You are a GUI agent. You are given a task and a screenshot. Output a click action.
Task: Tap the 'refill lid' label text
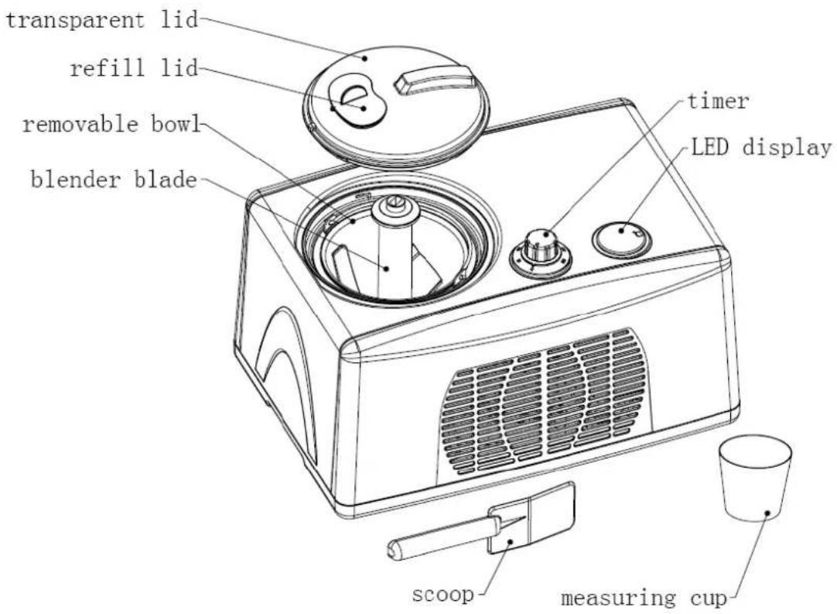pyautogui.click(x=134, y=68)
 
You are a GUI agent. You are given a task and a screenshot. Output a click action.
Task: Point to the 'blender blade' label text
pyautogui.click(x=112, y=182)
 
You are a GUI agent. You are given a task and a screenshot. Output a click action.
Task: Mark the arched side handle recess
pyautogui.click(x=286, y=372)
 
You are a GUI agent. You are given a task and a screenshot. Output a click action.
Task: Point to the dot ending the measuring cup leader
pyautogui.click(x=767, y=512)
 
